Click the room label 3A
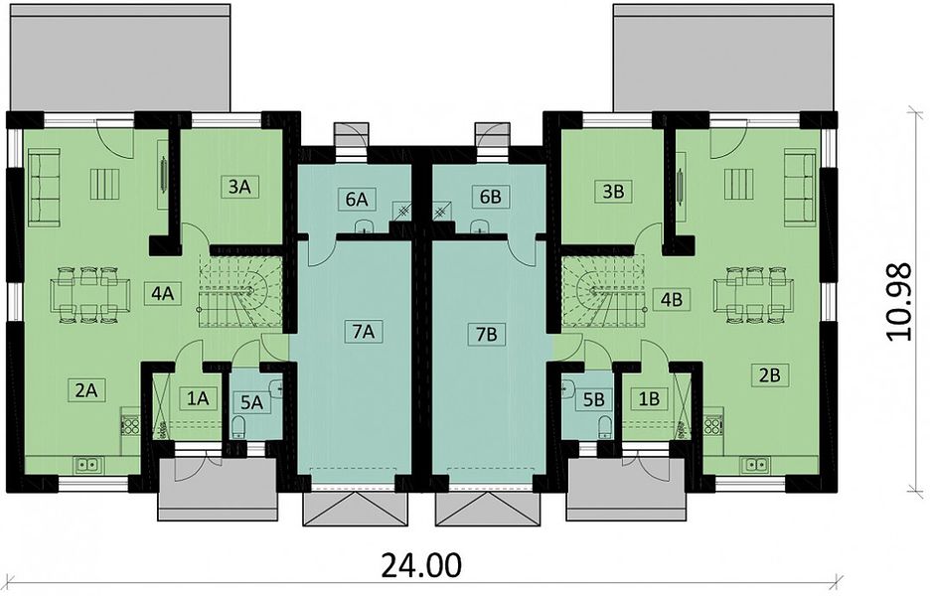239,187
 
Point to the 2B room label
770,374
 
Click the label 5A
251,402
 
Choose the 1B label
649,398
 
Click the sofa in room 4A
45,188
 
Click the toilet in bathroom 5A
238,427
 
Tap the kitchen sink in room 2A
87,464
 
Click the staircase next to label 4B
602,291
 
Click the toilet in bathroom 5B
605,426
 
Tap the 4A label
163,293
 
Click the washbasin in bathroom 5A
276,388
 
